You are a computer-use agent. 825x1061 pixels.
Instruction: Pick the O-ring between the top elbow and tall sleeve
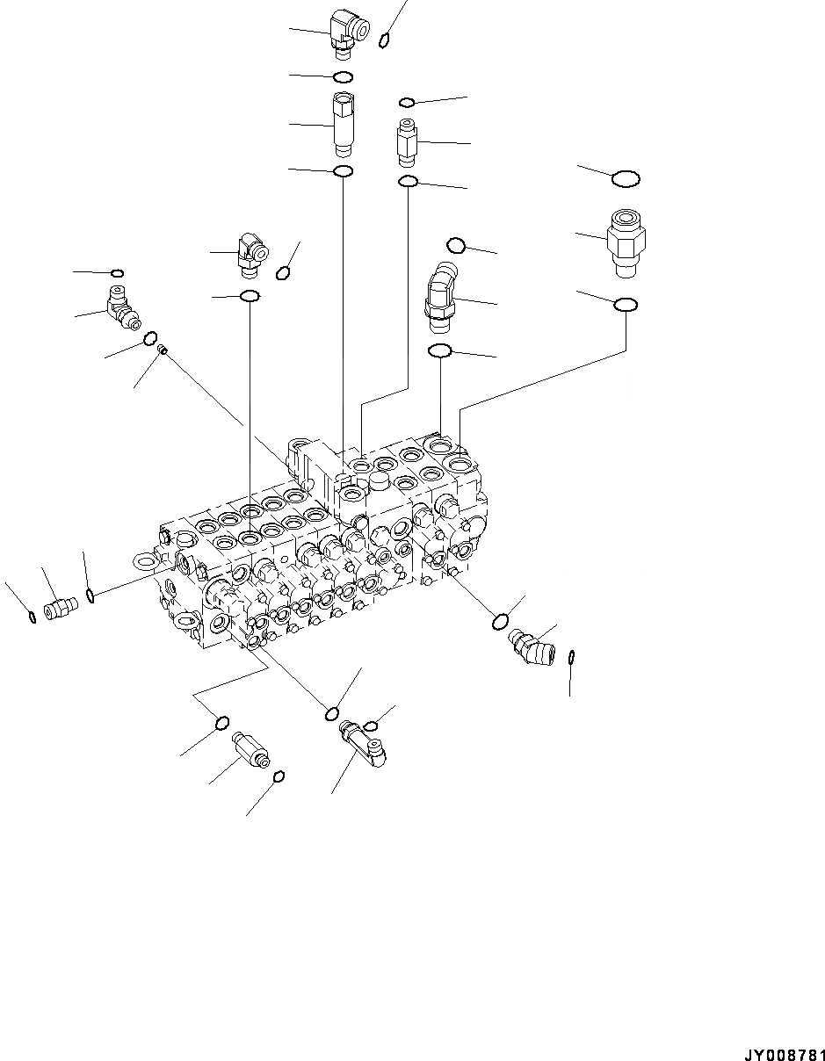tap(344, 76)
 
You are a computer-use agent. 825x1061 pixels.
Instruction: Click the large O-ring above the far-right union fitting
tap(626, 179)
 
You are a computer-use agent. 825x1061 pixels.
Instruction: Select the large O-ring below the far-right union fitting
tap(626, 305)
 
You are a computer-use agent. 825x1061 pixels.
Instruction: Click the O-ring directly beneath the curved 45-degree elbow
tap(439, 351)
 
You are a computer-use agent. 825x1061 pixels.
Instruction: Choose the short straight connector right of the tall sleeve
tap(407, 141)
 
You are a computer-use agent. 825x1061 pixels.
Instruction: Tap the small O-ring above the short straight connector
tap(406, 103)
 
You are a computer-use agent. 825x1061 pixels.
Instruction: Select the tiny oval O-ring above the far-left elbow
tap(118, 274)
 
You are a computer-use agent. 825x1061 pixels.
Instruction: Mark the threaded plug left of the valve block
tap(61, 607)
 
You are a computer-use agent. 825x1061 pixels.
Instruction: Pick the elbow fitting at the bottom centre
tap(365, 742)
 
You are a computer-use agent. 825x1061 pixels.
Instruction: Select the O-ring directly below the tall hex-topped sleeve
tap(344, 170)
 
